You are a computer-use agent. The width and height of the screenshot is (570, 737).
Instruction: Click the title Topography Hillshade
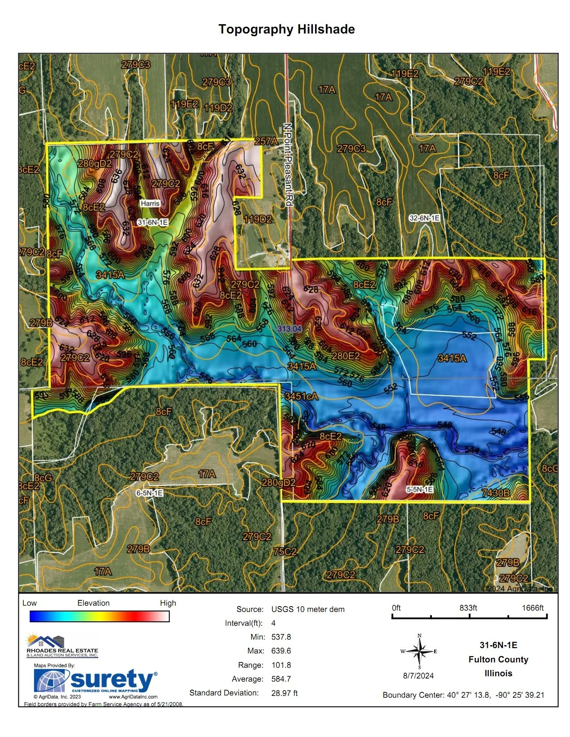point(287,29)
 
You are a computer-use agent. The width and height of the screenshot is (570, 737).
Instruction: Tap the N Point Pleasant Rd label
point(288,165)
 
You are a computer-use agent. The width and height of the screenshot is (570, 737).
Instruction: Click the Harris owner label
point(150,203)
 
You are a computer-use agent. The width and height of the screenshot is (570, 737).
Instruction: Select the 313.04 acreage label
point(289,329)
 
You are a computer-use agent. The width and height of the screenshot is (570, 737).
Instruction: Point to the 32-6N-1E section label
point(424,218)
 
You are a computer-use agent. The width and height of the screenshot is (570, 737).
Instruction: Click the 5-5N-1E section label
point(419,489)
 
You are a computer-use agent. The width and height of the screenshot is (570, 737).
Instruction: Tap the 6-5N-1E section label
point(149,493)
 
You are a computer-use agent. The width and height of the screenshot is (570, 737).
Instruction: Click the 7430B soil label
point(496,493)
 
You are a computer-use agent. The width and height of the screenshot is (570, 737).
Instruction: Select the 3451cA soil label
point(301,396)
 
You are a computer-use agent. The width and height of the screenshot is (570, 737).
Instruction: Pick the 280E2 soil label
point(346,356)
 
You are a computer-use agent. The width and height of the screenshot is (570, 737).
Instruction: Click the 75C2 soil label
point(285,551)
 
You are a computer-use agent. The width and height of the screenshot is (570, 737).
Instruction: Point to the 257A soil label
point(266,141)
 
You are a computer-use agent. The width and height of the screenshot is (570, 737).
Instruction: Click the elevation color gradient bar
point(99,616)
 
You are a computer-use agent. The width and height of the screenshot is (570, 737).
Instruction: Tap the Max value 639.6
point(281,651)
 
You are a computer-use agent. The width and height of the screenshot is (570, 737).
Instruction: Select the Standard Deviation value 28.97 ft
point(284,693)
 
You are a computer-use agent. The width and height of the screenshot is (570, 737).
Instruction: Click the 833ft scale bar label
point(468,608)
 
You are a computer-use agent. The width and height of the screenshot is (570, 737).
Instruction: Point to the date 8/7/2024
point(418,676)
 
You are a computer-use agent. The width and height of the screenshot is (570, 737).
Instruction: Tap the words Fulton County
point(498,659)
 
